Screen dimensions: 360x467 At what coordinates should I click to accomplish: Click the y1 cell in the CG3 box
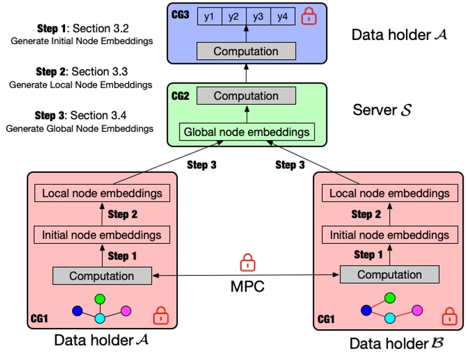[x=209, y=17]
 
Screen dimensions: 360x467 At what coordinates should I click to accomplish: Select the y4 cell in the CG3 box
[x=282, y=17]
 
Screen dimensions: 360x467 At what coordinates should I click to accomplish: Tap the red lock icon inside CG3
[x=310, y=16]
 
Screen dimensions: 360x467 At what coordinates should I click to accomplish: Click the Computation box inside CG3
[x=246, y=51]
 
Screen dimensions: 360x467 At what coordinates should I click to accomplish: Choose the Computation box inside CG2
[x=246, y=96]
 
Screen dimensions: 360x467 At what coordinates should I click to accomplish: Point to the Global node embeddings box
[x=246, y=132]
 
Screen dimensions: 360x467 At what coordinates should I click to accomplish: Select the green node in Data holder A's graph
[x=100, y=298]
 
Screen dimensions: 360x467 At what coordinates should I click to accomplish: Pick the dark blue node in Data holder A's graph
[x=78, y=311]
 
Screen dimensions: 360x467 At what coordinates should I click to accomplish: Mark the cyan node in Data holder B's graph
[x=390, y=318]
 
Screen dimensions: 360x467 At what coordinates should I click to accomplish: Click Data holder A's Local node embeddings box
[x=102, y=193]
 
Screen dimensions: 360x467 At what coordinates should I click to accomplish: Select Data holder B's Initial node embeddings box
[x=389, y=235]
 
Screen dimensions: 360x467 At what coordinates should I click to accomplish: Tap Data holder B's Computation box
[x=389, y=274]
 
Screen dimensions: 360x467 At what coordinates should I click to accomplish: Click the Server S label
[x=382, y=109]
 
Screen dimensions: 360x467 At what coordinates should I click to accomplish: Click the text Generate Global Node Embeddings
[x=80, y=128]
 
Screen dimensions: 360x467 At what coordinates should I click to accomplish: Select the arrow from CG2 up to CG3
[x=246, y=73]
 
